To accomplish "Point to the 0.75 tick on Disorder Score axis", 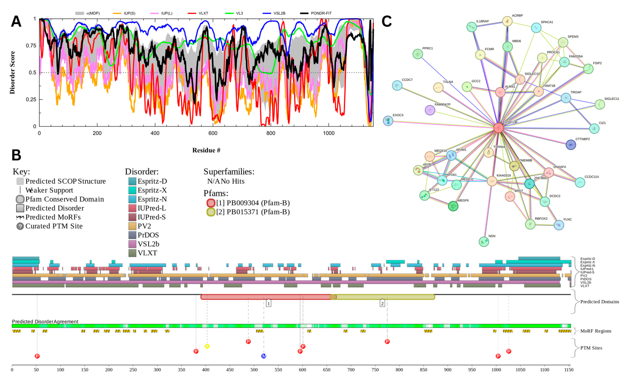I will coord(31,46).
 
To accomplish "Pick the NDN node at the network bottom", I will coord(484,242).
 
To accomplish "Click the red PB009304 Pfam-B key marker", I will coord(211,203).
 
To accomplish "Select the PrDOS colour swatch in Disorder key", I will coord(132,235).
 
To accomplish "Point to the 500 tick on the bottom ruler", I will coord(254,370).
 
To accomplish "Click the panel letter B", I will coord(16,155).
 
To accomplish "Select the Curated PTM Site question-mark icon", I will coord(20,226).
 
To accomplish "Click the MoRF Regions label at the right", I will coord(596,331).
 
